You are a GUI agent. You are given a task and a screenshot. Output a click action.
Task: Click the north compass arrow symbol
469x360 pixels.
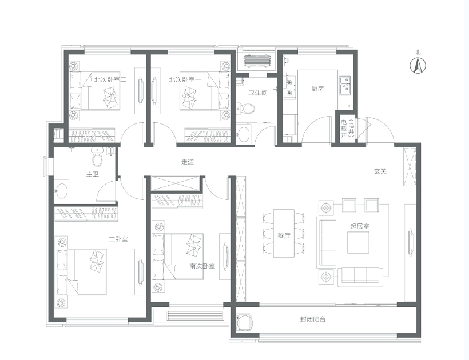418,65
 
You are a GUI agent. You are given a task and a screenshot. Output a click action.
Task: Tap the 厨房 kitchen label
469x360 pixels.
317,89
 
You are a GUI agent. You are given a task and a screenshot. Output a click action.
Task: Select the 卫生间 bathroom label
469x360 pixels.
258,93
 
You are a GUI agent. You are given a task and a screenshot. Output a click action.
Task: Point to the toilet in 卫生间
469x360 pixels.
245,108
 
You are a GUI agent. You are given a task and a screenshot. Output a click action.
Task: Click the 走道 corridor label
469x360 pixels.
188,162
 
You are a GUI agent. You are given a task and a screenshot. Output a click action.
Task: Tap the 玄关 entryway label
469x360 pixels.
380,171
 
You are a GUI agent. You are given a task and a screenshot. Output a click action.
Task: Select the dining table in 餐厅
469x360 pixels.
284,233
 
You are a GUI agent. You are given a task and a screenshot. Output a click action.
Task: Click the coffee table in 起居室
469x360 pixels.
358,242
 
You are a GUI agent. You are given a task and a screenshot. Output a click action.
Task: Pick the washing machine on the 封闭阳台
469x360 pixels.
244,322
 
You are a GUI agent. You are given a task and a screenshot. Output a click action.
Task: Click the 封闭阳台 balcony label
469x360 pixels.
313,319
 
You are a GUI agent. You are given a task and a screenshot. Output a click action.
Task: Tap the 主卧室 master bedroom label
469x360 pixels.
118,239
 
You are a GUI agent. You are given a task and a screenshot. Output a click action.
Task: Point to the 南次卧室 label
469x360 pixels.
202,266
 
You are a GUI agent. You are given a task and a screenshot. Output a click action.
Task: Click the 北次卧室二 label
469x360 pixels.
110,79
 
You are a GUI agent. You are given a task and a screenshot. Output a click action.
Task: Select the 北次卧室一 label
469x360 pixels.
185,79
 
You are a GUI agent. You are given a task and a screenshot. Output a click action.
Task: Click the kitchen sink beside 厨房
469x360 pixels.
345,86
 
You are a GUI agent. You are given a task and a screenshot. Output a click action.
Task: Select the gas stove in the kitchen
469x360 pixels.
289,87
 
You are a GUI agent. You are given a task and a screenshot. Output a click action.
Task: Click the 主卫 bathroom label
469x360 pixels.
92,174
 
